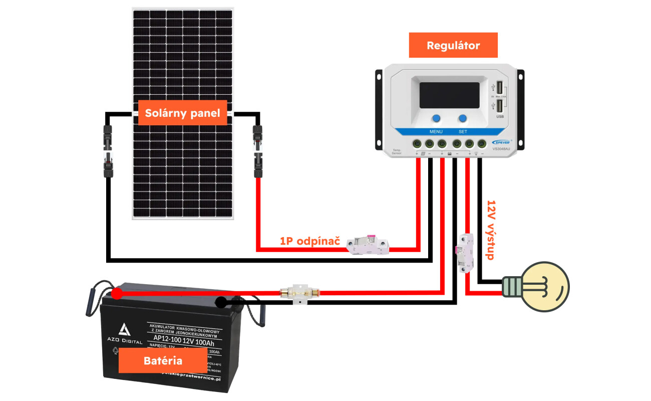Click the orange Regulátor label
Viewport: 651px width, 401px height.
pyautogui.click(x=453, y=45)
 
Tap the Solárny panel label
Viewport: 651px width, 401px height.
pyautogui.click(x=182, y=113)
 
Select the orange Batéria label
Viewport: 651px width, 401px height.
pyautogui.click(x=163, y=360)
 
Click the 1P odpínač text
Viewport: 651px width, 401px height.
pyautogui.click(x=310, y=241)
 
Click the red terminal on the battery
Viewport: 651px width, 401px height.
pyautogui.click(x=116, y=293)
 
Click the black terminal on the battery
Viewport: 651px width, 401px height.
pyautogui.click(x=220, y=302)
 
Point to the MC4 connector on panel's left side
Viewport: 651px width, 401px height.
pyautogui.click(x=108, y=150)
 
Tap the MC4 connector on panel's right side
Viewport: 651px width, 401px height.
pyautogui.click(x=257, y=150)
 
